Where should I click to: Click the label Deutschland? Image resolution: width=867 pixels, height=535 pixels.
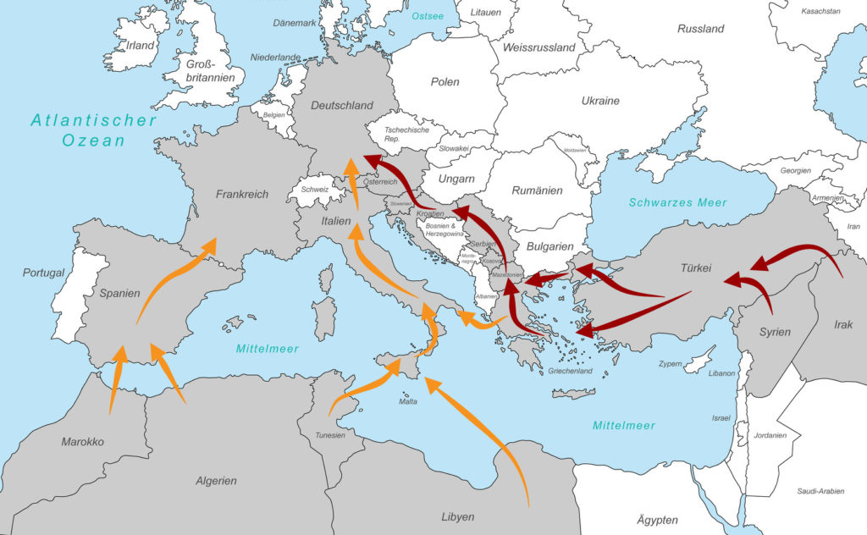[342, 106]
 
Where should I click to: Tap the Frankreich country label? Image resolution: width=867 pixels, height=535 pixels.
[241, 194]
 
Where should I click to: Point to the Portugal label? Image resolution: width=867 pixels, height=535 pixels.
[44, 273]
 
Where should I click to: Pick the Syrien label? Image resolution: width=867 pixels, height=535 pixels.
[775, 331]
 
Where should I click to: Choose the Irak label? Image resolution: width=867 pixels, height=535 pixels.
[843, 325]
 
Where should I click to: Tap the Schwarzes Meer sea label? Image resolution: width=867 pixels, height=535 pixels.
[677, 202]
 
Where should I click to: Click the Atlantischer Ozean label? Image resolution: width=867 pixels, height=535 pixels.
[93, 130]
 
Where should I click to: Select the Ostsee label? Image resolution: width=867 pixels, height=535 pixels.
[428, 16]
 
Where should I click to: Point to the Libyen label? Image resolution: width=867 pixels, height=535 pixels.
[458, 516]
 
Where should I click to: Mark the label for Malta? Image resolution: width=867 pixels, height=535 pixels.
[408, 401]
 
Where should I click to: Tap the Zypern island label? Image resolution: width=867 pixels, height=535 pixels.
[671, 363]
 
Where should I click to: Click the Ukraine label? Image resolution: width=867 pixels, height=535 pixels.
[600, 101]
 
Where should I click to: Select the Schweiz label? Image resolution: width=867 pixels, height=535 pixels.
[314, 190]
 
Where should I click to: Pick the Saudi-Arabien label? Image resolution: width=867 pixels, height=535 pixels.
[819, 491]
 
